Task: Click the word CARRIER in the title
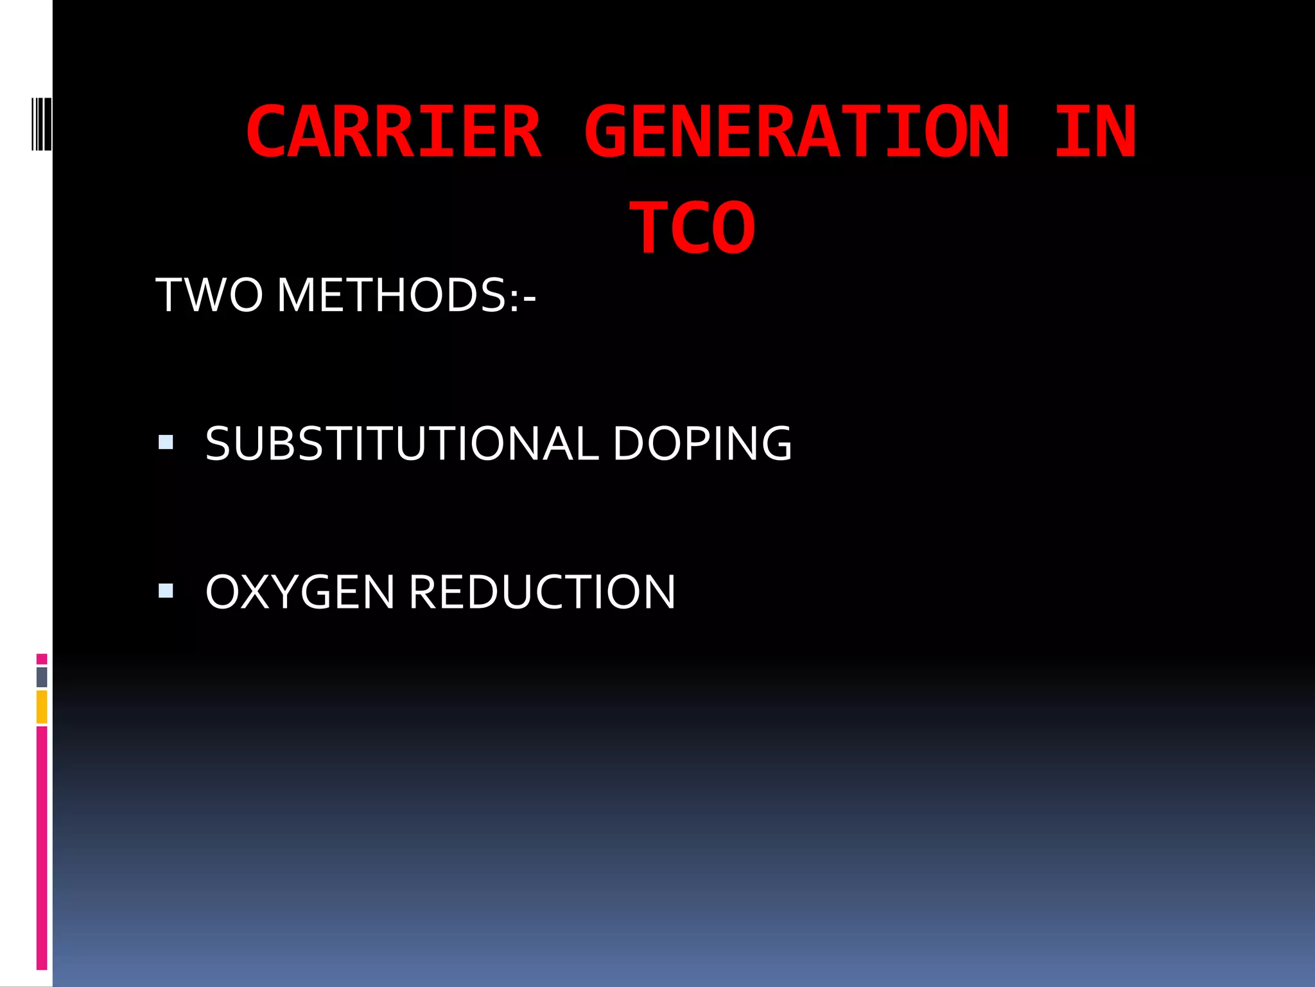[394, 132]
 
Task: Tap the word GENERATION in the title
[797, 132]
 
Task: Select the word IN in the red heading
[1095, 132]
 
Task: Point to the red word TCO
[692, 228]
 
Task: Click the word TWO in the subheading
[209, 296]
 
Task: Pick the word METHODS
[392, 296]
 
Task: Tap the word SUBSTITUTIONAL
[402, 443]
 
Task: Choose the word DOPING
[702, 443]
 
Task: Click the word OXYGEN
[300, 592]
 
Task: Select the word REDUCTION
[542, 592]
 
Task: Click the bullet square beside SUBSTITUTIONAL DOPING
[166, 442]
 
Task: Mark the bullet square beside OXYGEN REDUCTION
[166, 591]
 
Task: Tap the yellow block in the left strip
[42, 707]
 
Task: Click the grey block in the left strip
[42, 677]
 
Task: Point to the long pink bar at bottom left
[42, 848]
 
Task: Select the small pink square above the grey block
[42, 659]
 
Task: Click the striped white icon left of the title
[41, 123]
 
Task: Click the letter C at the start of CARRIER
[266, 132]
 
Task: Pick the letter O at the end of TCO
[733, 228]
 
